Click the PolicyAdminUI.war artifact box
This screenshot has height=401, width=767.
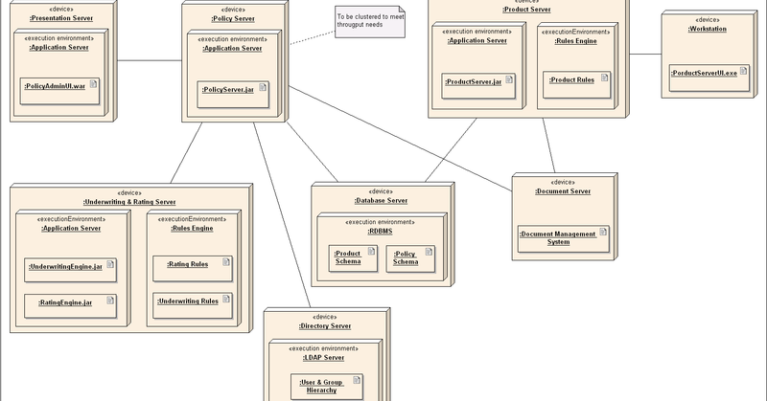point(60,85)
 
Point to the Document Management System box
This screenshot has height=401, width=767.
point(563,237)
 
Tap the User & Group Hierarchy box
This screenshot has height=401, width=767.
point(327,385)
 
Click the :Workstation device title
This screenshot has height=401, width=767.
point(708,30)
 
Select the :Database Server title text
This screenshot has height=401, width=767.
point(379,200)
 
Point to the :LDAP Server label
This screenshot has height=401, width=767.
point(324,357)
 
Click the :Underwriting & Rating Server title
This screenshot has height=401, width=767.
point(129,202)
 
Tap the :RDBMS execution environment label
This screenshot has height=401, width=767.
point(381,231)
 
